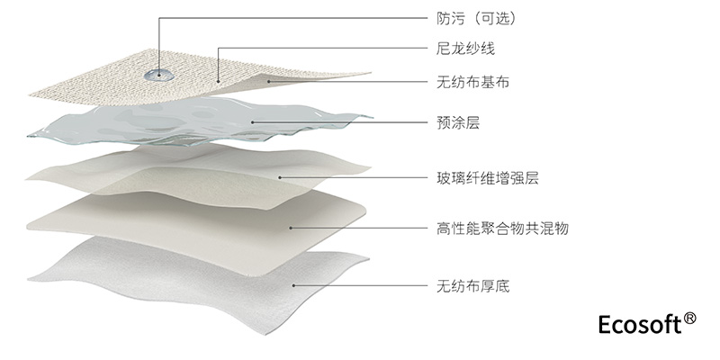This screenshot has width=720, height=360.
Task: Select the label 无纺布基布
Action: tap(467, 84)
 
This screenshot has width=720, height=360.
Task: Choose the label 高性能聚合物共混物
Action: tap(490, 229)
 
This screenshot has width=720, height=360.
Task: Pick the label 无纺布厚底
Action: tap(467, 287)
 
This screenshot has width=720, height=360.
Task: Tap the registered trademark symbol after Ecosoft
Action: tap(690, 318)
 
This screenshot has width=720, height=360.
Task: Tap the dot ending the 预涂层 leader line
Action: tap(253, 122)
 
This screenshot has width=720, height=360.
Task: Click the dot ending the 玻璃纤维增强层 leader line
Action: tap(280, 176)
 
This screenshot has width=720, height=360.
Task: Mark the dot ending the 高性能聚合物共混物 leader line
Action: tap(289, 229)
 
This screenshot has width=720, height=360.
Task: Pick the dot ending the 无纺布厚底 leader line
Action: tap(294, 287)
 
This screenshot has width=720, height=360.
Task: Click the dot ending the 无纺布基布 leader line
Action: tap(270, 84)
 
